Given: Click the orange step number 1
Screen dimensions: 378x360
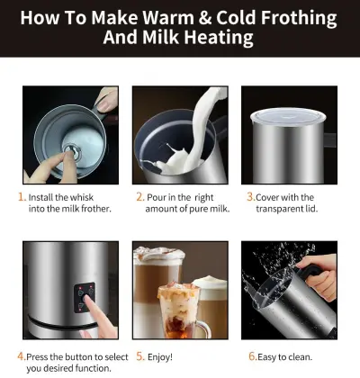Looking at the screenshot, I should click(20, 195).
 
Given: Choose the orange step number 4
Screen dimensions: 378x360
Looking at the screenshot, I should click(21, 356).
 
